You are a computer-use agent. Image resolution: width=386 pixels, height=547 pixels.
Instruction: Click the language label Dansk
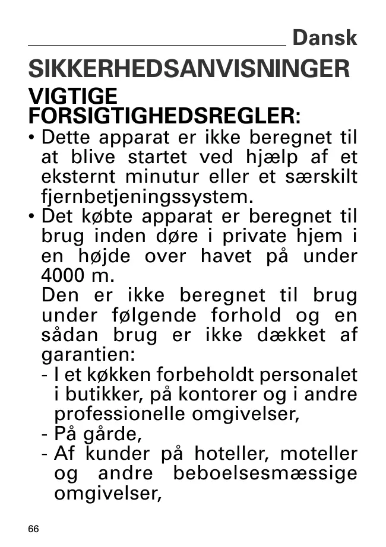pos(325,38)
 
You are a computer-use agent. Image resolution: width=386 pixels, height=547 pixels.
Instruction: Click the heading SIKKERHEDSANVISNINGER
pos(189,69)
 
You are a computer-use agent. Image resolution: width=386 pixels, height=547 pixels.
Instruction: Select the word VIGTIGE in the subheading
pos(73,96)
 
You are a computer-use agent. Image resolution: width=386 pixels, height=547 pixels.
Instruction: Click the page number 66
pos(33,529)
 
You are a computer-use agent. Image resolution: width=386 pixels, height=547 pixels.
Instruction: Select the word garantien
pos(87,355)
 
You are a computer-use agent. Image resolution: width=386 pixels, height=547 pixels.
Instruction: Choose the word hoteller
pos(225,454)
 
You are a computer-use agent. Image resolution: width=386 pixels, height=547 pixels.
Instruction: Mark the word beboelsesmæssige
pos(265,473)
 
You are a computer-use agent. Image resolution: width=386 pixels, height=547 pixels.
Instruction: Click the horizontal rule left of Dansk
pos(157,45)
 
